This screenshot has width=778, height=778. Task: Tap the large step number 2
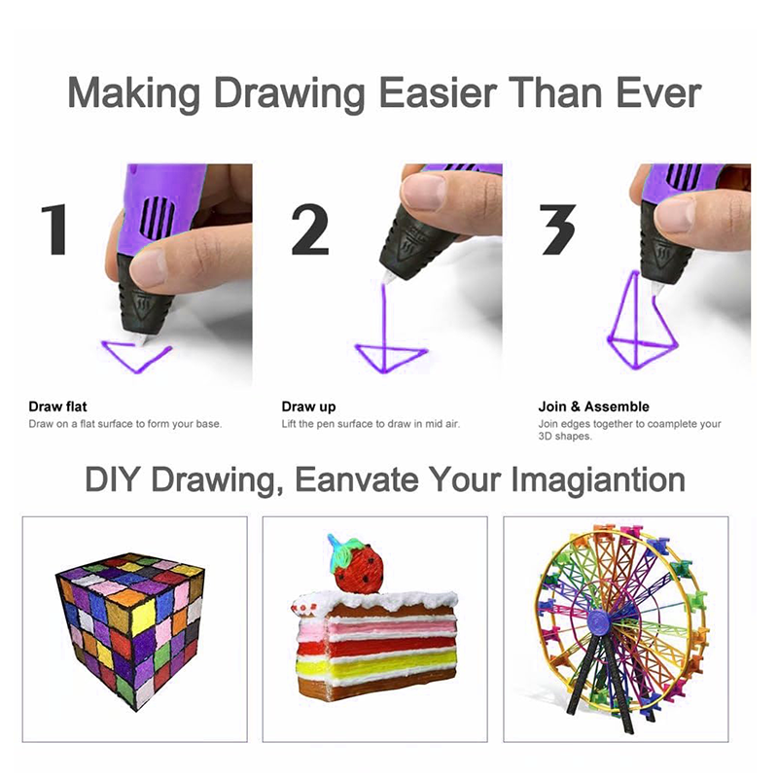[309, 230]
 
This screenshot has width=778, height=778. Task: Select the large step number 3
[557, 230]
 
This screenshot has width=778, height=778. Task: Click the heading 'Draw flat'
[57, 407]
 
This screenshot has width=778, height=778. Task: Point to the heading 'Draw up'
[308, 407]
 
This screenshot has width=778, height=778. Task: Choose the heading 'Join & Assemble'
[593, 407]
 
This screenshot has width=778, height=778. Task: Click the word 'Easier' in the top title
[438, 92]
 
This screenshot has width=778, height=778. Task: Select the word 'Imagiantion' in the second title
[598, 480]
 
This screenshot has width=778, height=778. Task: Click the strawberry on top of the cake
[358, 566]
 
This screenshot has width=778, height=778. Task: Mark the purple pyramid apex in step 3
[635, 272]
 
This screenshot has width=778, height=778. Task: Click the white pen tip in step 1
[141, 340]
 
